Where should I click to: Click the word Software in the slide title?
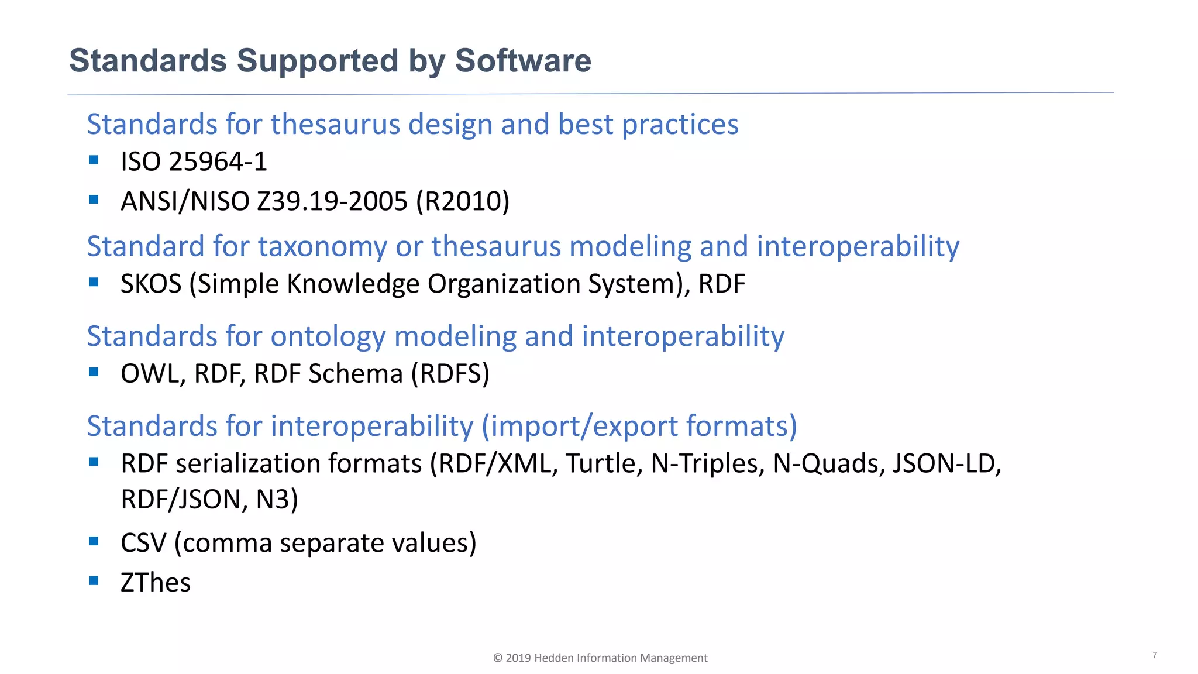pyautogui.click(x=523, y=61)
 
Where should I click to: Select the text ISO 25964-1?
pyautogui.click(x=194, y=162)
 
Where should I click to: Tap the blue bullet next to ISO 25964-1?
pyautogui.click(x=94, y=159)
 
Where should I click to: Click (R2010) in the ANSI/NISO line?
pyautogui.click(x=463, y=201)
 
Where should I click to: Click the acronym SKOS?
pyautogui.click(x=151, y=284)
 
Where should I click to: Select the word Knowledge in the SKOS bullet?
pyautogui.click(x=353, y=284)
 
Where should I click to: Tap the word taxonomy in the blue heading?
pyautogui.click(x=322, y=246)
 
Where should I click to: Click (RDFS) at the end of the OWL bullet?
pyautogui.click(x=450, y=374)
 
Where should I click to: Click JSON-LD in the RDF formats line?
pyautogui.click(x=946, y=463)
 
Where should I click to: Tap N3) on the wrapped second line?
pyautogui.click(x=277, y=500)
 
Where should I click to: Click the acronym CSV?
pyautogui.click(x=143, y=543)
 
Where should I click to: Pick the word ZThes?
pyautogui.click(x=156, y=583)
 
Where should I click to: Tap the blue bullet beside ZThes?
pyautogui.click(x=94, y=580)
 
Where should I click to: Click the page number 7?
pyautogui.click(x=1154, y=655)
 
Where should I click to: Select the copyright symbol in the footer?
pyautogui.click(x=498, y=658)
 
